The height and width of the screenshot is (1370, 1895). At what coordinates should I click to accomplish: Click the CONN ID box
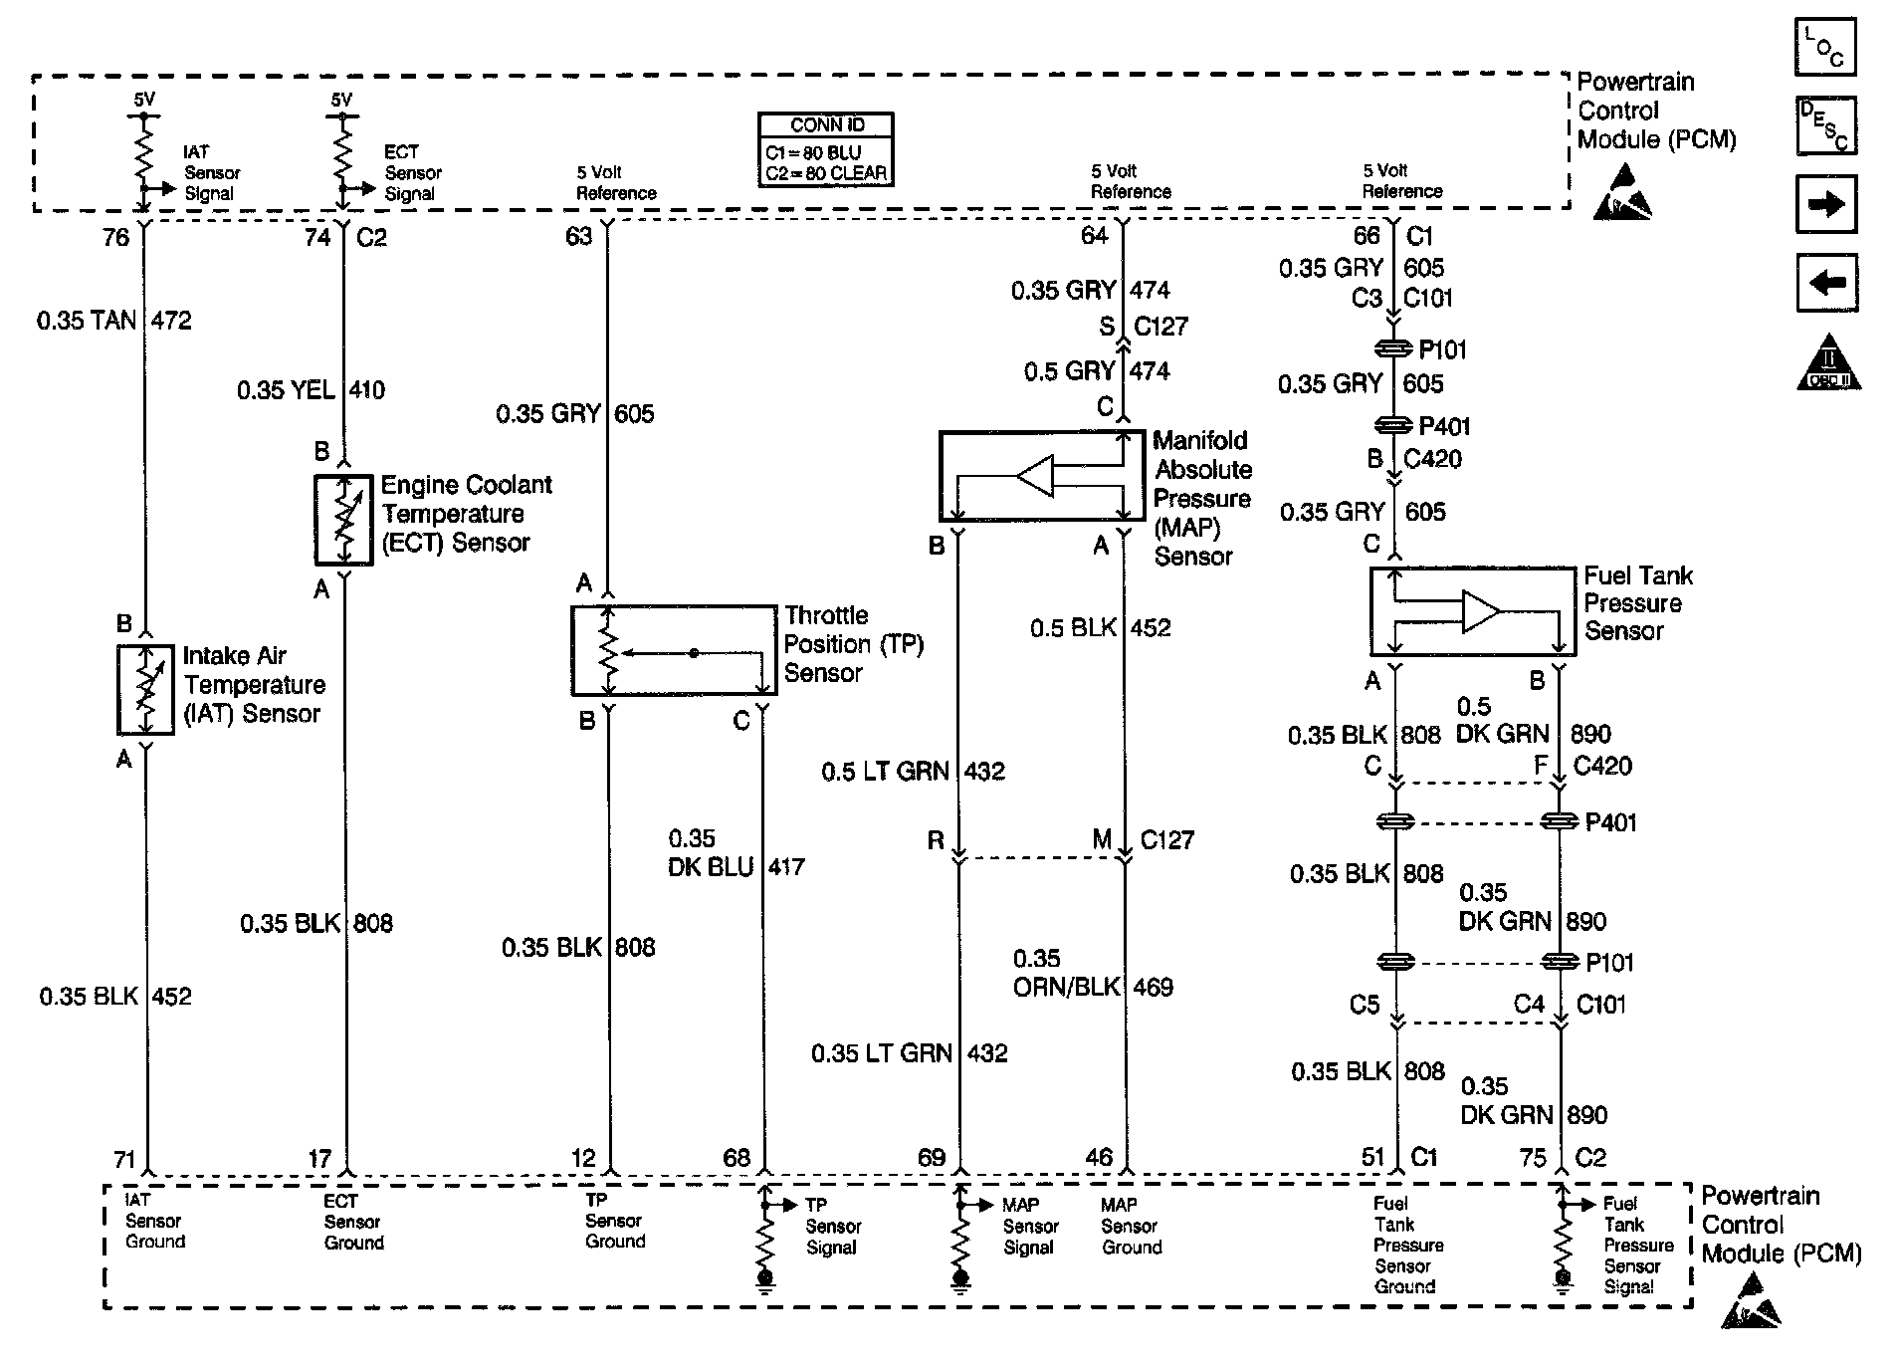(x=825, y=149)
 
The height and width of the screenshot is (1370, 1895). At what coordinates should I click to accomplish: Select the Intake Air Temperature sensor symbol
(x=146, y=689)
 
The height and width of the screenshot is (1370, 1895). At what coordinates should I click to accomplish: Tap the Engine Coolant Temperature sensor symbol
(x=343, y=520)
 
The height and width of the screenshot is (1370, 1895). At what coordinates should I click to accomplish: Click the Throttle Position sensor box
(x=673, y=651)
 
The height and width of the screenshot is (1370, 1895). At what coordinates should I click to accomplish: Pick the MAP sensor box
(x=1041, y=476)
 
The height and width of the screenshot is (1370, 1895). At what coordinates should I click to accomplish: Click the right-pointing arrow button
(x=1825, y=204)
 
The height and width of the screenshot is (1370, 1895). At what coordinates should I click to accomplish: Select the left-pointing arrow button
(x=1825, y=283)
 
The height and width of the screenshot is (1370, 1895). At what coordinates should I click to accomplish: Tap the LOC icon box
(x=1825, y=47)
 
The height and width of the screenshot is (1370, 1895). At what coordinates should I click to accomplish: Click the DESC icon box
(x=1825, y=126)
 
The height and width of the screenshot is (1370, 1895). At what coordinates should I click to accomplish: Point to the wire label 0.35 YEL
(x=286, y=390)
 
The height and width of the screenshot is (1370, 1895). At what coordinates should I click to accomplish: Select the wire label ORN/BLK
(x=1066, y=987)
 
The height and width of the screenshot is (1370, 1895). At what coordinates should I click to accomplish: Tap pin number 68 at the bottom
(x=737, y=1158)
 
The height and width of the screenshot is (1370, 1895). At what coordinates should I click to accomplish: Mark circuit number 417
(x=786, y=866)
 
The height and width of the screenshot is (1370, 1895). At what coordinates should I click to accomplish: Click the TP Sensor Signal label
(x=833, y=1226)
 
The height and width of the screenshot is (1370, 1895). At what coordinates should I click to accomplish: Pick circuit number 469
(x=1153, y=987)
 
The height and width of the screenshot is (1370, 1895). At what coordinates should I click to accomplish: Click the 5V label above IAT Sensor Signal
(x=144, y=100)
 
